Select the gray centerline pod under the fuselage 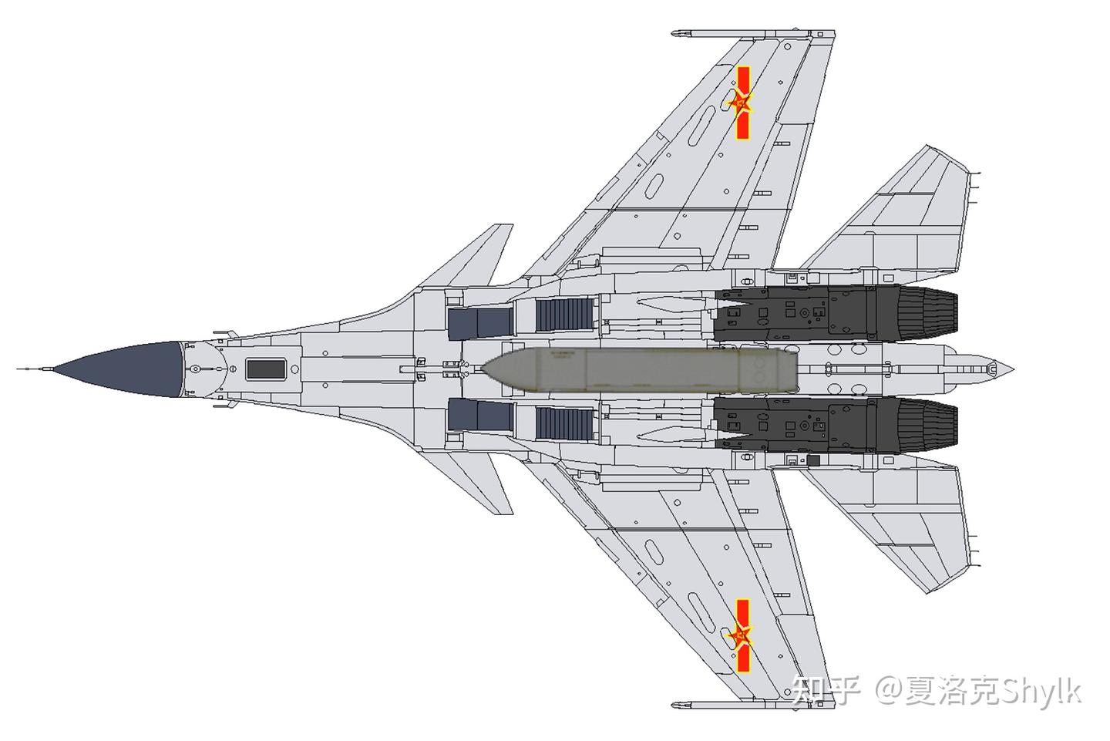640,369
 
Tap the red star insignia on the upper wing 742,103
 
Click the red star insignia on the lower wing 742,636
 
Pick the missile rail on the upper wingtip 752,34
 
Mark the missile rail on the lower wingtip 752,705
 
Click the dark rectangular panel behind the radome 266,369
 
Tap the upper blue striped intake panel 566,315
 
